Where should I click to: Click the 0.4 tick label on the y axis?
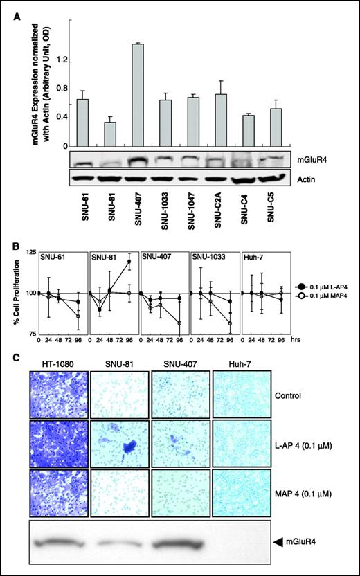[64, 116]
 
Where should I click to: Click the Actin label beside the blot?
[302, 179]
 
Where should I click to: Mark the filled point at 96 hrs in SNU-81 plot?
[129, 261]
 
